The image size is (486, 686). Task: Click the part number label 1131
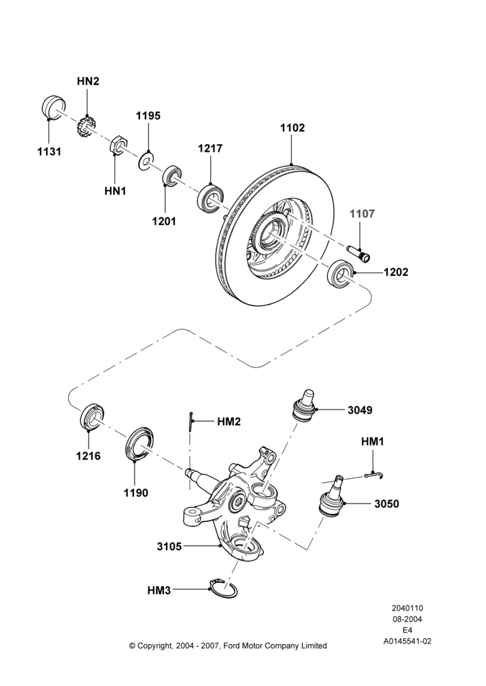tap(49, 152)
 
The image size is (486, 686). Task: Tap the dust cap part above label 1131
tap(54, 107)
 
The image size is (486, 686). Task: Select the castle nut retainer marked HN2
tap(84, 126)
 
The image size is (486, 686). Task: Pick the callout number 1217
tap(210, 148)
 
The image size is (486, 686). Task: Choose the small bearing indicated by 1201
tap(172, 176)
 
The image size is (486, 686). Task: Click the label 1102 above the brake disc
tap(292, 128)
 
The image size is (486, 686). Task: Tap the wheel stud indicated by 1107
tap(358, 253)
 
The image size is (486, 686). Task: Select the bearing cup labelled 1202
tap(340, 274)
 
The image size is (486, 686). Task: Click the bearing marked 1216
tap(93, 418)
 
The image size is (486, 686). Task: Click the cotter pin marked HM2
tap(192, 422)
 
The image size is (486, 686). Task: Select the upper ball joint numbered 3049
tap(305, 404)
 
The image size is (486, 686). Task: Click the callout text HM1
tap(372, 442)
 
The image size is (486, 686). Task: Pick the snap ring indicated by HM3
tap(223, 589)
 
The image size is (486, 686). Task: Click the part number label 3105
tap(169, 547)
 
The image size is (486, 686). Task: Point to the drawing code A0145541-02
tap(407, 641)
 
